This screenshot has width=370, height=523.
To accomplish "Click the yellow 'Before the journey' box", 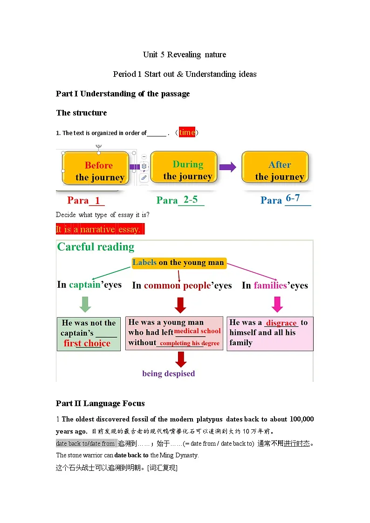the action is point(96,168).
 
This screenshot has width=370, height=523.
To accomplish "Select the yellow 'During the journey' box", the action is point(184,167).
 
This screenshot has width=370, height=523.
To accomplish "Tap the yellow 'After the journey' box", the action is point(275,167).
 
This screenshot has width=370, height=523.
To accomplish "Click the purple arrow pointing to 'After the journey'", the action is point(227,167).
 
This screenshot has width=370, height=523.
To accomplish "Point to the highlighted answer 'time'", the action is point(187,132).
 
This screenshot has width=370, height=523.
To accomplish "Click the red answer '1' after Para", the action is point(97,200).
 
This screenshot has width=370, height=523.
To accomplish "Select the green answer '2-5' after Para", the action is point(191,199).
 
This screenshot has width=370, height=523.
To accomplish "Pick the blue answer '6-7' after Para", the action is point(293,198).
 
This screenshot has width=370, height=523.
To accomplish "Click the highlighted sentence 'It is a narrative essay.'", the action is point(100,229).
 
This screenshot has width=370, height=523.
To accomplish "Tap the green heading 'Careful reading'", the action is point(96,247).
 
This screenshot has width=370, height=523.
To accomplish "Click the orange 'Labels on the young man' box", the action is point(179,263).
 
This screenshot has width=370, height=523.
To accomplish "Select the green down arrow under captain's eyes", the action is point(85,304).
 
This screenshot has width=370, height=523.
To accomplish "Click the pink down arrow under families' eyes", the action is point(277,304).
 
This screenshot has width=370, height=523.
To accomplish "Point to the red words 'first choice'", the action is point(87,343).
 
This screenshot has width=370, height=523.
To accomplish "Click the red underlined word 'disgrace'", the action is point(281,323).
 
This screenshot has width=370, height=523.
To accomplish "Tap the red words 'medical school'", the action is point(197,331).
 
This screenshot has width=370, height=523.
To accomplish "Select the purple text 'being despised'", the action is point(169,374).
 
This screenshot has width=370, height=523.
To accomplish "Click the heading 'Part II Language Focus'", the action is point(100,403).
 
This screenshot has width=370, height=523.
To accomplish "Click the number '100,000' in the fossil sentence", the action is point(301,419).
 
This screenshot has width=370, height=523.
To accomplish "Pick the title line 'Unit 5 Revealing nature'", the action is point(185,54).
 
